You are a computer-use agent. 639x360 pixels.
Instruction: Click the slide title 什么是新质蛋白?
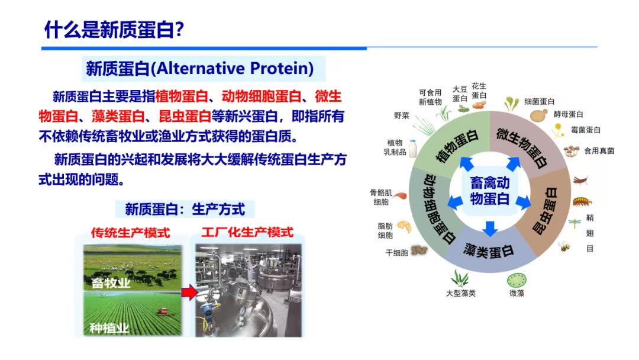click(114, 30)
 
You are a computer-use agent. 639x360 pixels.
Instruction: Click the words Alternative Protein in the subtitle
click(235, 68)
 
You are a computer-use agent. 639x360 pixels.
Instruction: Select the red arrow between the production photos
click(189, 292)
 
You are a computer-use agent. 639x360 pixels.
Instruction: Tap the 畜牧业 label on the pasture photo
click(111, 282)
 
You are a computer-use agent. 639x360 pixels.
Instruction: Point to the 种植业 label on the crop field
click(109, 328)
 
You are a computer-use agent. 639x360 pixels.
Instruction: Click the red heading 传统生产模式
click(130, 233)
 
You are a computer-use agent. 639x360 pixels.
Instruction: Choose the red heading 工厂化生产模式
click(247, 232)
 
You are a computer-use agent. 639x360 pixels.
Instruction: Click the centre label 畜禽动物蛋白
click(489, 191)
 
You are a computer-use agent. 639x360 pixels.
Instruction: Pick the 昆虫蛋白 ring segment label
click(546, 211)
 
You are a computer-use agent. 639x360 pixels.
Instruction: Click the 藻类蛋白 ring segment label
click(488, 250)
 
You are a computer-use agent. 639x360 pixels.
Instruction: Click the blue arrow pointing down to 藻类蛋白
click(490, 229)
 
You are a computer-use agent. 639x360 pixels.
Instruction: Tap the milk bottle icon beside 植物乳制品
click(413, 149)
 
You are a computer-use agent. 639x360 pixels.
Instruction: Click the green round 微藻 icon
click(517, 281)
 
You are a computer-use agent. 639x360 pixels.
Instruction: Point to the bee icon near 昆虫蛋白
click(564, 246)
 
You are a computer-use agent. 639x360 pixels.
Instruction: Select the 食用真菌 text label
click(599, 151)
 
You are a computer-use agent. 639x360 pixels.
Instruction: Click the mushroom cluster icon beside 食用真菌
click(572, 151)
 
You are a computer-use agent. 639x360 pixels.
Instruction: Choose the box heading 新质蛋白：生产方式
click(185, 209)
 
